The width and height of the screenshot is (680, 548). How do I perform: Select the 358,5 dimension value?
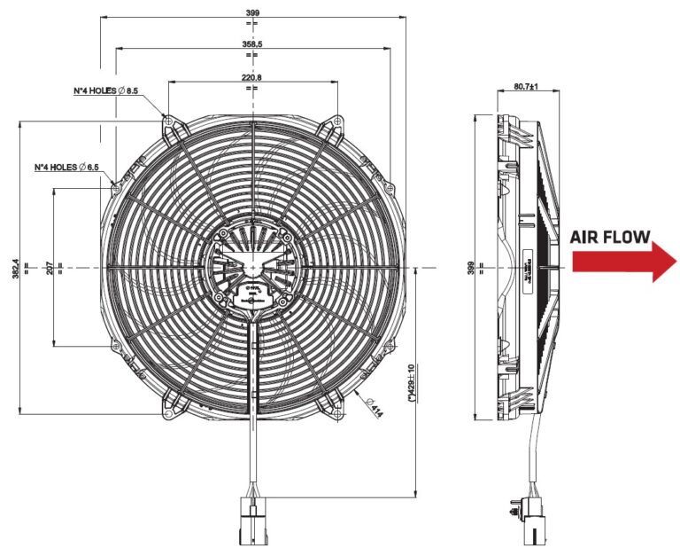[251, 43]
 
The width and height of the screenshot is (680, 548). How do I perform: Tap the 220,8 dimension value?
[251, 77]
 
